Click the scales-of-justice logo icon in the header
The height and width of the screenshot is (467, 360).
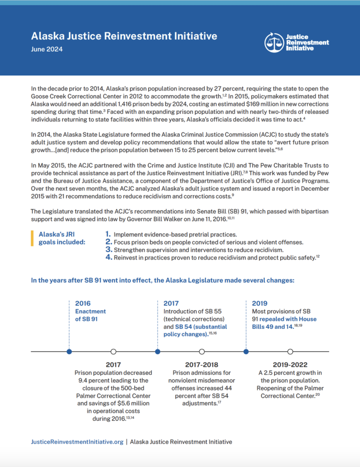(x=274, y=42)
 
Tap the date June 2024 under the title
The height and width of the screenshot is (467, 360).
(x=46, y=49)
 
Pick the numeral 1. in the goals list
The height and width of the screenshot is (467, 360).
(x=108, y=234)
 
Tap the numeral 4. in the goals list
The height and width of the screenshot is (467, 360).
(x=108, y=257)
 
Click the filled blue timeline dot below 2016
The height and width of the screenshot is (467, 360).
(x=69, y=351)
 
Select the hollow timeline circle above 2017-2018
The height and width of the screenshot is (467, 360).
(x=202, y=351)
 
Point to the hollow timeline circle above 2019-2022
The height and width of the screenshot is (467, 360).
(x=290, y=351)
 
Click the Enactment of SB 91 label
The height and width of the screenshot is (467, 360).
(x=90, y=315)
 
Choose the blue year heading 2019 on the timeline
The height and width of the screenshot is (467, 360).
(x=260, y=303)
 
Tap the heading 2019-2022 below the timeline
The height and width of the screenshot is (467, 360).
(x=291, y=364)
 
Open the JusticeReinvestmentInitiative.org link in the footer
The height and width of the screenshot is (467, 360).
(x=77, y=441)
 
